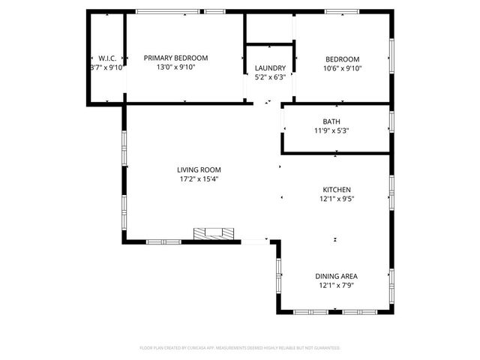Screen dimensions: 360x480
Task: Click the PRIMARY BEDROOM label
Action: (x=176, y=58)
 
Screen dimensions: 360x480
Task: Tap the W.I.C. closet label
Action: (x=106, y=58)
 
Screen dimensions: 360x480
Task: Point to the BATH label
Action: (x=331, y=121)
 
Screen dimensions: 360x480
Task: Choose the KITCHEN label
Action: (x=336, y=190)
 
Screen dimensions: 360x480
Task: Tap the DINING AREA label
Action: (x=336, y=276)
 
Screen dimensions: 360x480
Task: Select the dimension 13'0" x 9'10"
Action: (x=176, y=67)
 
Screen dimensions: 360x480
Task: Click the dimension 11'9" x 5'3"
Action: (x=331, y=130)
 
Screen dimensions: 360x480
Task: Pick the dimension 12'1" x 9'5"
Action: (x=336, y=199)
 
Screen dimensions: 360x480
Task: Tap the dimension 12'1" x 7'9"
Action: (x=336, y=285)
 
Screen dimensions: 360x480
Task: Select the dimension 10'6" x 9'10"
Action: (x=342, y=67)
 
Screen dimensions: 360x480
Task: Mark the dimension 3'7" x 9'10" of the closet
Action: (x=106, y=67)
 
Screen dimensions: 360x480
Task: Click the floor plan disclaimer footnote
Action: (x=240, y=348)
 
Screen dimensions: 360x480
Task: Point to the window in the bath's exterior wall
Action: (x=391, y=121)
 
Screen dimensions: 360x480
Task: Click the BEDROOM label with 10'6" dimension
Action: (x=342, y=58)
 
